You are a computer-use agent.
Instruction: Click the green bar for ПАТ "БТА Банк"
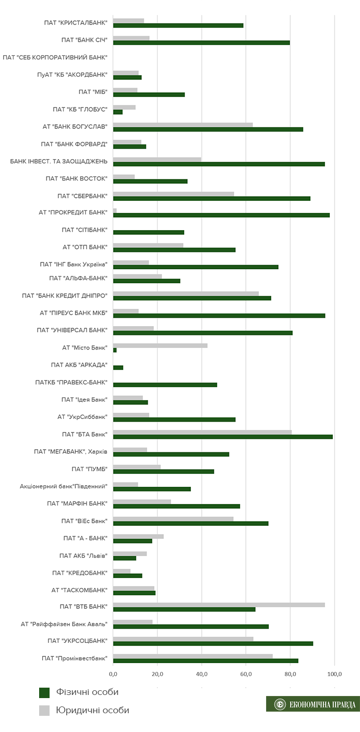pos(223,437)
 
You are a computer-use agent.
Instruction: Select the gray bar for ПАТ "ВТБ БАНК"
pos(219,605)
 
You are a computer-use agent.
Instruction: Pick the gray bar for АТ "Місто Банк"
pos(160,345)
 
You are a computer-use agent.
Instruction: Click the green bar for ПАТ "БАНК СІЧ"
pos(201,42)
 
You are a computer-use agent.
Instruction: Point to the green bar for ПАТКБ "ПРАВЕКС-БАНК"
pos(165,385)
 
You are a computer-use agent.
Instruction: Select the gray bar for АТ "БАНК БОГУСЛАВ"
pos(183,125)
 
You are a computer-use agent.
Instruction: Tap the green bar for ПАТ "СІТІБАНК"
pos(149,232)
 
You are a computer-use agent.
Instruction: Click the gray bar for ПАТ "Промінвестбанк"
pos(193,656)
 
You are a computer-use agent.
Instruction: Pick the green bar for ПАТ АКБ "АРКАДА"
pos(118,367)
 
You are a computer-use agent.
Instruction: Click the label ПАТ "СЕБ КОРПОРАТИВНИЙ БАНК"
pos(55,57)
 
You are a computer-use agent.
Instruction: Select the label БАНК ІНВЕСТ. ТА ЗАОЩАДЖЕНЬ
pos(58,161)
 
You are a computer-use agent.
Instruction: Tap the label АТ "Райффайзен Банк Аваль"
pos(64,623)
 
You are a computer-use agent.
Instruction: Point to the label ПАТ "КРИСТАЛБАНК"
pos(76,22)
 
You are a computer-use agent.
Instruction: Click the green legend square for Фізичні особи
pos(44,692)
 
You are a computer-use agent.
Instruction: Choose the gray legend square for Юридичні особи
pos(44,710)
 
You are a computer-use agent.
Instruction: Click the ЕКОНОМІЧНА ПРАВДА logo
pos(313,704)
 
